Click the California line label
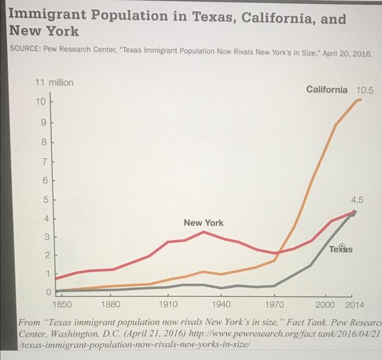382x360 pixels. pyautogui.click(x=326, y=89)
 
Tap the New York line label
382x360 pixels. pyautogui.click(x=203, y=223)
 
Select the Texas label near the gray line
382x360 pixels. pyautogui.click(x=341, y=249)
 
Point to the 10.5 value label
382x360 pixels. pyautogui.click(x=365, y=89)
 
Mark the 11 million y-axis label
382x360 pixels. pyautogui.click(x=54, y=83)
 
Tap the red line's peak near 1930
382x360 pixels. pyautogui.click(x=203, y=232)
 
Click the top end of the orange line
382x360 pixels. pyautogui.click(x=359, y=100)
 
